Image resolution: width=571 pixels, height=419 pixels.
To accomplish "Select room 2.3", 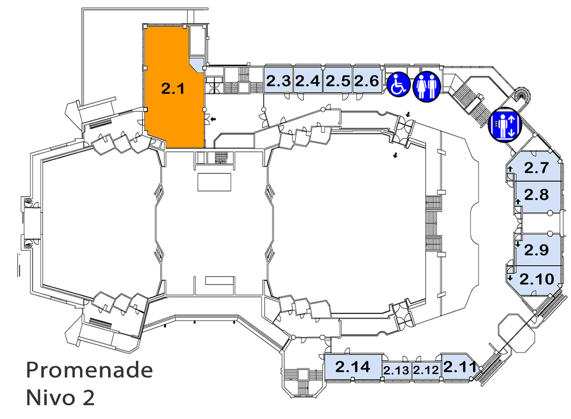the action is pos(278,80).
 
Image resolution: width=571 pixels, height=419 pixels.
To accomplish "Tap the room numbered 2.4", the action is pos(308,80).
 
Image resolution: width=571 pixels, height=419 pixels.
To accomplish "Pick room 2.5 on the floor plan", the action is pos(338,80).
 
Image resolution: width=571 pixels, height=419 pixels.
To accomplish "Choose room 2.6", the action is pos(367,80).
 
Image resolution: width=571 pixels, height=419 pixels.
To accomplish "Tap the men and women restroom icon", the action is pos(426,86).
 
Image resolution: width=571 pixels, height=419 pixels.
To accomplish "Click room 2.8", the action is pos(538,197).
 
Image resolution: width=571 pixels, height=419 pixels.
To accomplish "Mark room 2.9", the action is pos(538,250).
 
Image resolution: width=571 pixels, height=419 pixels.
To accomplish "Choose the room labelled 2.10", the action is pos(535,280).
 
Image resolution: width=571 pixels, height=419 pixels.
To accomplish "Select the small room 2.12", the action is pos(426,371).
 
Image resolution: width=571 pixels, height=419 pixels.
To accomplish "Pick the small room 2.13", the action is pos(396,371).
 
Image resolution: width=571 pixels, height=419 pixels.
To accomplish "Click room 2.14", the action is pos(353,367).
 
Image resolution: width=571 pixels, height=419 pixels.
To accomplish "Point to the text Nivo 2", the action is pos(61,398).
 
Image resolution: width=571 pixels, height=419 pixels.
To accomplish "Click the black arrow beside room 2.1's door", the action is pos(213,118).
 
